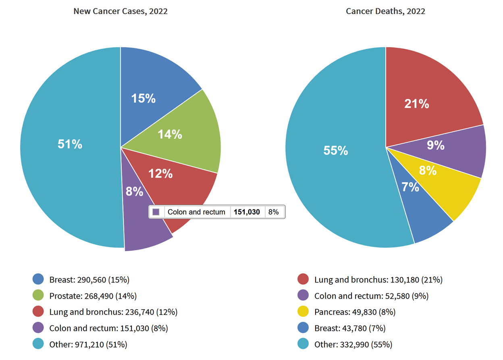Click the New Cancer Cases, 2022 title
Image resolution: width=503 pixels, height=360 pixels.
pyautogui.click(x=121, y=11)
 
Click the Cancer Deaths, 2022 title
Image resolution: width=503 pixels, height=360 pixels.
pyautogui.click(x=385, y=11)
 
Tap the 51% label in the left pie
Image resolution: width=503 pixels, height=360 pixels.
pyautogui.click(x=70, y=144)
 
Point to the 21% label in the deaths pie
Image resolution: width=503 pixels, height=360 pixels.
pyautogui.click(x=417, y=104)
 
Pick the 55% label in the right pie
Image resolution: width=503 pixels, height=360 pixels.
pyautogui.click(x=335, y=150)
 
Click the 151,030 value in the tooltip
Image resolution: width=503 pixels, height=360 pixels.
pyautogui.click(x=247, y=212)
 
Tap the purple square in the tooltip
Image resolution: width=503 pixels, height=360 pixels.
pyautogui.click(x=156, y=212)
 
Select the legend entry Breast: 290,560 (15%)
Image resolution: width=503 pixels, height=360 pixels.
pyautogui.click(x=89, y=280)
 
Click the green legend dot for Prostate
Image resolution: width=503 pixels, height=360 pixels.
pyautogui.click(x=38, y=295)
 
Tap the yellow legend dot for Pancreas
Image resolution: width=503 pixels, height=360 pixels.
pyautogui.click(x=303, y=312)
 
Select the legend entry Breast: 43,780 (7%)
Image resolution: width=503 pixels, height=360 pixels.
pyautogui.click(x=350, y=328)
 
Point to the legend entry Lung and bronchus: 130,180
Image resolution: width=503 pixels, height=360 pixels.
pyautogui.click(x=378, y=280)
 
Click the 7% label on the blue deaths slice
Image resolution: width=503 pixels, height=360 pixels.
pyautogui.click(x=410, y=187)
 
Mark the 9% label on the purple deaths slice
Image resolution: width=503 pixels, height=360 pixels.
pyautogui.click(x=436, y=145)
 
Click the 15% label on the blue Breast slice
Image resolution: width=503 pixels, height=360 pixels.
pyautogui.click(x=143, y=98)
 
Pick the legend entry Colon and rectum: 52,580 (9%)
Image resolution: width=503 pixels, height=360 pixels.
pyautogui.click(x=371, y=296)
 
